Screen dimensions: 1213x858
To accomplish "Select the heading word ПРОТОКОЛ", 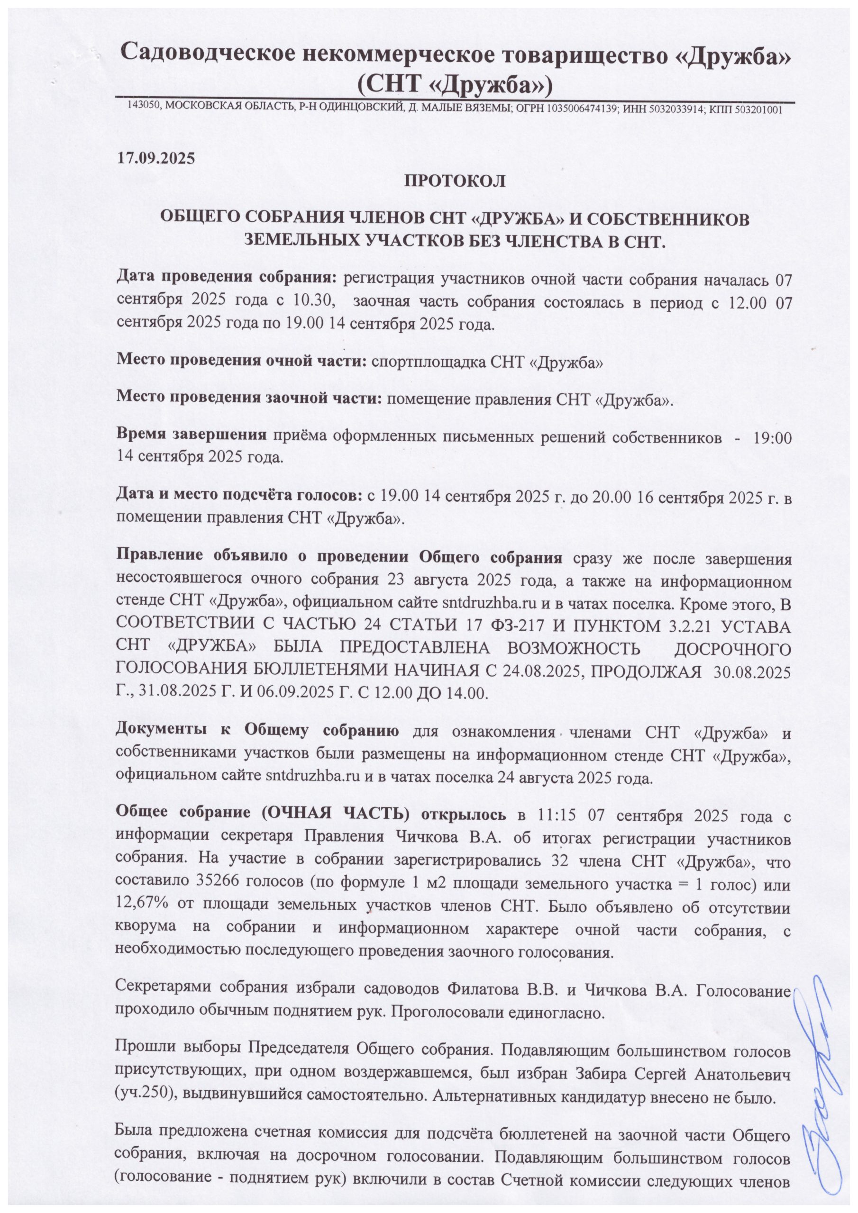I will [455, 181].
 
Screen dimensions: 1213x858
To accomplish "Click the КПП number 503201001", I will [758, 109].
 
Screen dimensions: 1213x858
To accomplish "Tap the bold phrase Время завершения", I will [192, 435].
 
